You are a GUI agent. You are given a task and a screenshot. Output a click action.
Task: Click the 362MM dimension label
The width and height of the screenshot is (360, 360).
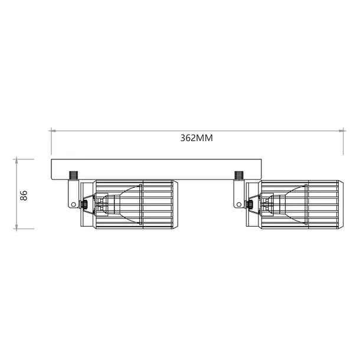point(196,138)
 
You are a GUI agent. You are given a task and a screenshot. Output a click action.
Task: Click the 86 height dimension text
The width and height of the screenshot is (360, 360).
point(24,195)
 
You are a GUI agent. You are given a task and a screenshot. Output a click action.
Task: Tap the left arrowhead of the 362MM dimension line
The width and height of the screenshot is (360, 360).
point(53,129)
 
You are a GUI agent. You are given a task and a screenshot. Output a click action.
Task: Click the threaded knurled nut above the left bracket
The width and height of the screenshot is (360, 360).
point(74,176)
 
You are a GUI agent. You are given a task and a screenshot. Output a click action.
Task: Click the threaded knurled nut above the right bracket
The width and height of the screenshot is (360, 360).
point(239,176)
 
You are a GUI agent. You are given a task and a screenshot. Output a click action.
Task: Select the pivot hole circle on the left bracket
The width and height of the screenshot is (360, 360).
point(74,205)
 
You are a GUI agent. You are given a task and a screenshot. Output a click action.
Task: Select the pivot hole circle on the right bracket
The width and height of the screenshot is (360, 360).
point(239,205)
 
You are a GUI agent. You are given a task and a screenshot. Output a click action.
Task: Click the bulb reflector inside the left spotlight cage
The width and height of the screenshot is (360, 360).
point(127,204)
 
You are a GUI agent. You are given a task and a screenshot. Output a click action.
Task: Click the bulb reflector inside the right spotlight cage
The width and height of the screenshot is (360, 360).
point(292,204)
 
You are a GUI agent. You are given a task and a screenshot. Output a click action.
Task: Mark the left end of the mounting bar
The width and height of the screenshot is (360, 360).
point(53,169)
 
